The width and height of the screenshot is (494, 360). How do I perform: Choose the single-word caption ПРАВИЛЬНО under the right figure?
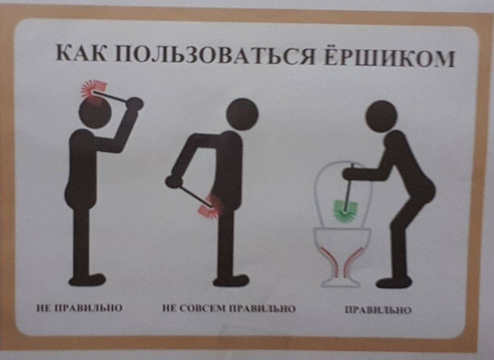pos(378,310)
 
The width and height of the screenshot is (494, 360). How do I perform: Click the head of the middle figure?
pos(242,114)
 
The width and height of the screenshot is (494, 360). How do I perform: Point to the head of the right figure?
pos(381,116)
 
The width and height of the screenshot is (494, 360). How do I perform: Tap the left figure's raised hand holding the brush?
pos(134,104)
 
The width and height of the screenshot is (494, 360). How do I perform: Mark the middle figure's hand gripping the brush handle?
pos(172,181)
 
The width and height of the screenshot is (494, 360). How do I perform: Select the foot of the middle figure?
pos(231,281)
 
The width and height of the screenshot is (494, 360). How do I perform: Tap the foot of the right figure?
pos(393,282)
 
